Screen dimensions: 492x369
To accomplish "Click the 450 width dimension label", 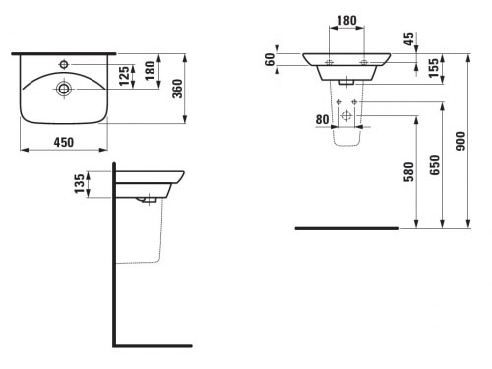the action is (64, 142).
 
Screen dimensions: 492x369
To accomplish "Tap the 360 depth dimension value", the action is (178, 89).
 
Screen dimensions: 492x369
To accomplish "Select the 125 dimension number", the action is (124, 76).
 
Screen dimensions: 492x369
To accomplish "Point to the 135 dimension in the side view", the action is (79, 184).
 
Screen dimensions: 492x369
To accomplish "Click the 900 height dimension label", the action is (461, 141).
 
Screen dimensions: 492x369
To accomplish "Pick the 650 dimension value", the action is (434, 165).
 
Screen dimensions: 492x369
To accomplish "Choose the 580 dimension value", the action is (408, 172).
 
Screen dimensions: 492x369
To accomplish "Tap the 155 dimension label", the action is (434, 68).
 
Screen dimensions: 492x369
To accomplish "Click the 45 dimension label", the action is (408, 39).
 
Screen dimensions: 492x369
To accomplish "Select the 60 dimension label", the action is (270, 59).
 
